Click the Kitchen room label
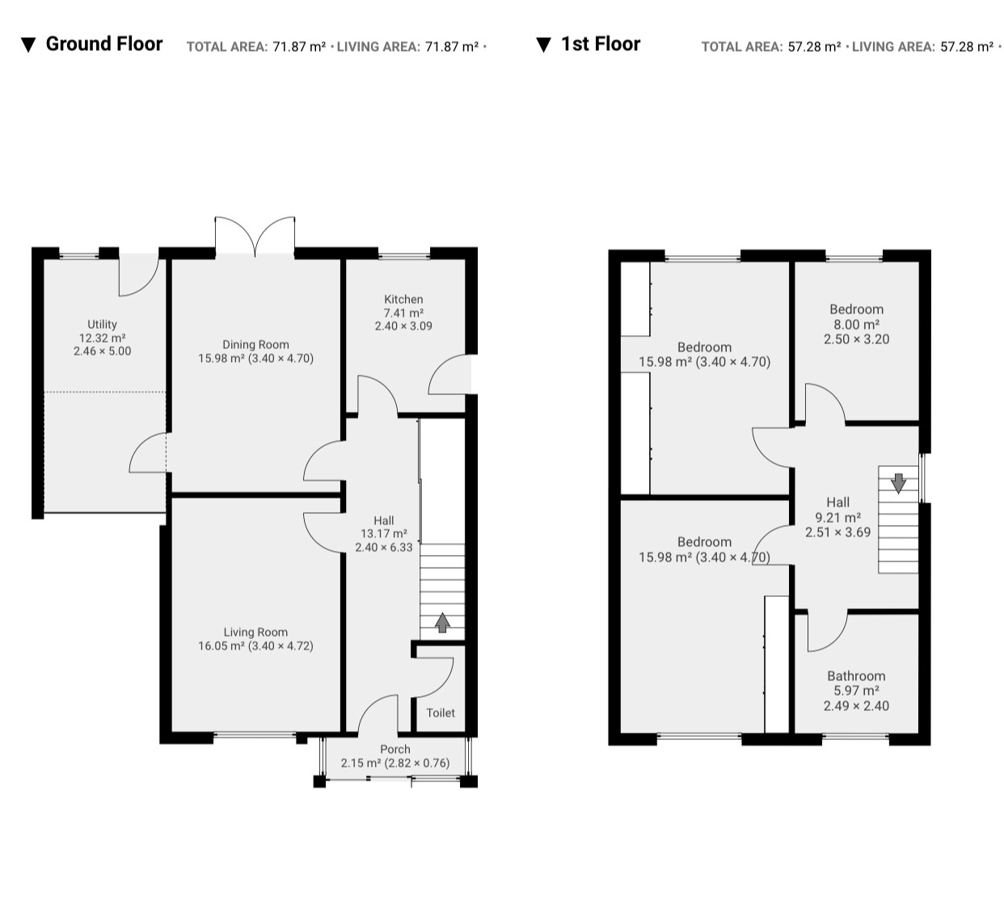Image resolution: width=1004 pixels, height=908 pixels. point(403,299)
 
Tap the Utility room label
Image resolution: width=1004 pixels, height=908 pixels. point(102,324)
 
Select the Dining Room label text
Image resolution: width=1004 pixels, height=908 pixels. point(255,345)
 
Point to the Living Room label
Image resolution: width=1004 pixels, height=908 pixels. point(255,633)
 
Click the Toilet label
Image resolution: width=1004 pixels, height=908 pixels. point(441,713)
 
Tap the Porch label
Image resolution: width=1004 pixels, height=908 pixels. point(395,750)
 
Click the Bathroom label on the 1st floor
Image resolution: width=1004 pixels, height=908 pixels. point(856,676)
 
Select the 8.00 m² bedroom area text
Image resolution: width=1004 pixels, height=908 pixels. point(856,324)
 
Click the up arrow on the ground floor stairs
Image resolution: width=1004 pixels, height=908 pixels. point(442,623)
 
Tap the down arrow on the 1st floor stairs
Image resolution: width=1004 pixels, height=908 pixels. point(898,483)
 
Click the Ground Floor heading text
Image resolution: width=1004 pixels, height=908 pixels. point(104,44)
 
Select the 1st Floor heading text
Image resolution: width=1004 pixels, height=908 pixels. point(601,44)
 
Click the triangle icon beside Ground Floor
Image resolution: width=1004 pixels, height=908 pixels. point(28,45)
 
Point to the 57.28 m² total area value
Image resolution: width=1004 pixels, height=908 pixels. point(814,47)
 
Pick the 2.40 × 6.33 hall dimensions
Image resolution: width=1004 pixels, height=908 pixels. point(384,547)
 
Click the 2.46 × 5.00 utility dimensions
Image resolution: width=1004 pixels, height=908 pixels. point(102,351)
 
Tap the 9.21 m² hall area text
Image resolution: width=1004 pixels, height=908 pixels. point(837,517)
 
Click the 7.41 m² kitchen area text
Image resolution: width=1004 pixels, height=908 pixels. point(403,313)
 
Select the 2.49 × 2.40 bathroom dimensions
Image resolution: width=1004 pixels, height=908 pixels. point(856,706)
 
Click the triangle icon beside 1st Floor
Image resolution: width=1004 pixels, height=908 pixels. point(543,45)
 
